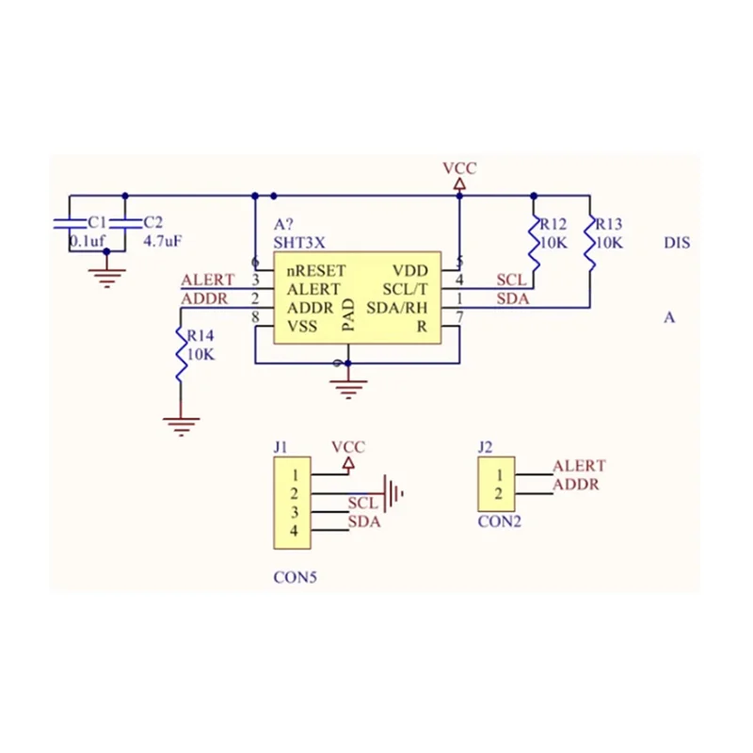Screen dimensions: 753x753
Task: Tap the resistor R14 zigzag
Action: (180, 352)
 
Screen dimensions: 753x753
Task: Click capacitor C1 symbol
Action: (69, 223)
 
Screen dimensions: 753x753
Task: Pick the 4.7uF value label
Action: (162, 241)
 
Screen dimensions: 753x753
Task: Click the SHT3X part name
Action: (299, 242)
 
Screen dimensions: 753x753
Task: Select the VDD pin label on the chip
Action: (409, 270)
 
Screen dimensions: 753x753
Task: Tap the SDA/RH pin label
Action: (396, 307)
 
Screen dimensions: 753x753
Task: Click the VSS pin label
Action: (302, 326)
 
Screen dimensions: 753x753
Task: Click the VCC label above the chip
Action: (459, 168)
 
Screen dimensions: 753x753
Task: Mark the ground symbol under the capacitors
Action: (106, 276)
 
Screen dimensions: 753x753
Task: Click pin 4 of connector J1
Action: (294, 531)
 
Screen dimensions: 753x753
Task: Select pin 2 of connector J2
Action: (499, 494)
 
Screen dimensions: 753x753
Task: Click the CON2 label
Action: (499, 521)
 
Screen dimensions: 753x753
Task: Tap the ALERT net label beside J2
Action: (579, 466)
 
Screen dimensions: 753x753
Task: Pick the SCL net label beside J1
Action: (362, 504)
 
